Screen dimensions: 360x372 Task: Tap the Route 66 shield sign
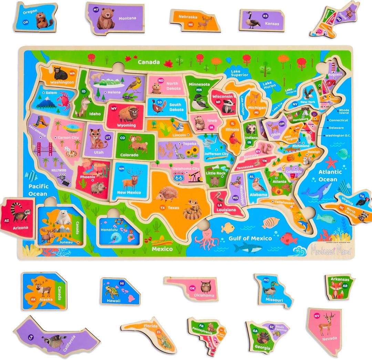coord(179,178)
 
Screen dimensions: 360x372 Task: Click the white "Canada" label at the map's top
coord(149,62)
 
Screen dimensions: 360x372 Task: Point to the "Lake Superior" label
coord(240,73)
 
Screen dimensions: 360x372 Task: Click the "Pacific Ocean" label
coord(38,190)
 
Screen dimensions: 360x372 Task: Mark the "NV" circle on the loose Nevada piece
coord(317,315)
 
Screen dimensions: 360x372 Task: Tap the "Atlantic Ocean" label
coord(330,175)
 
